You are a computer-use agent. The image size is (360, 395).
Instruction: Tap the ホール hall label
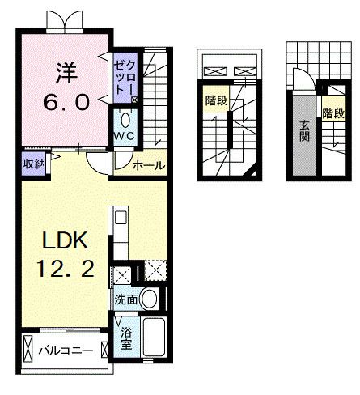[x=149, y=165]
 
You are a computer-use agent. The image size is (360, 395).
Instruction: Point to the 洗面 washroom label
[x=125, y=298]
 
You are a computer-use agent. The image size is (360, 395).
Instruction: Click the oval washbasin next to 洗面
[x=150, y=298]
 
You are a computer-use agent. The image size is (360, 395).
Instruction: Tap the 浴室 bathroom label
[x=126, y=338]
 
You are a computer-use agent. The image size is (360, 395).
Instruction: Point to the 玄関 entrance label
[x=304, y=131]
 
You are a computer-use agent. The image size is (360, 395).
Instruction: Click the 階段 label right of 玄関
[x=332, y=113]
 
